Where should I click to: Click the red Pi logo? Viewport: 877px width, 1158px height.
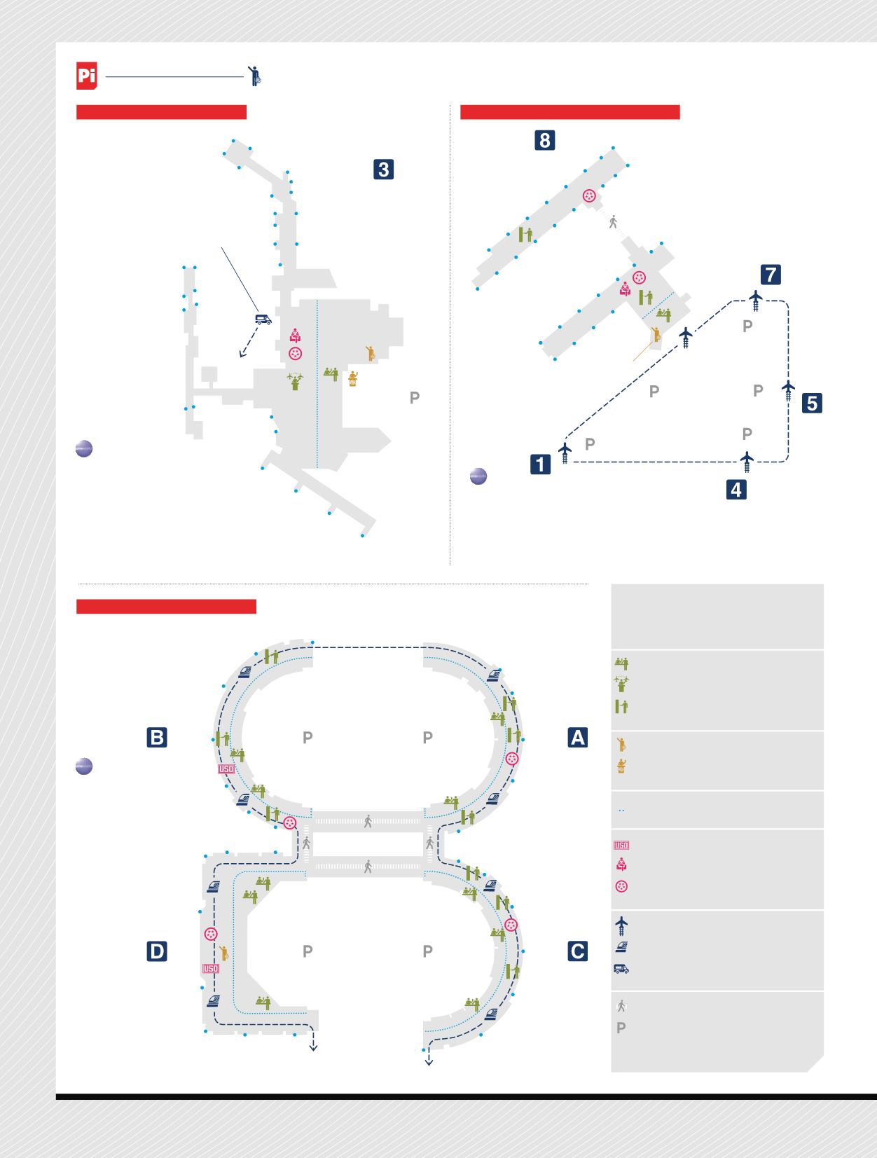[86, 76]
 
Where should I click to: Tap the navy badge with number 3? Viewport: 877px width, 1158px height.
[383, 170]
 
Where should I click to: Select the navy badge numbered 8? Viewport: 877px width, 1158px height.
[545, 140]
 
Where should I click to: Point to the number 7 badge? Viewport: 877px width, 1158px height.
[771, 275]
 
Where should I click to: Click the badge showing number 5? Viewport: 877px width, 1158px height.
[812, 403]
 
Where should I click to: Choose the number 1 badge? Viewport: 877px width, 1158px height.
[540, 464]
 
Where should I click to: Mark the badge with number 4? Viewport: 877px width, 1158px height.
[736, 490]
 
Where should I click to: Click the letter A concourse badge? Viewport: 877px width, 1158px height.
[577, 738]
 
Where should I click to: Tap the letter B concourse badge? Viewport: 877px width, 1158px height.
[157, 738]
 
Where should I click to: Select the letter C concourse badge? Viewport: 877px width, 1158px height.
[577, 951]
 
